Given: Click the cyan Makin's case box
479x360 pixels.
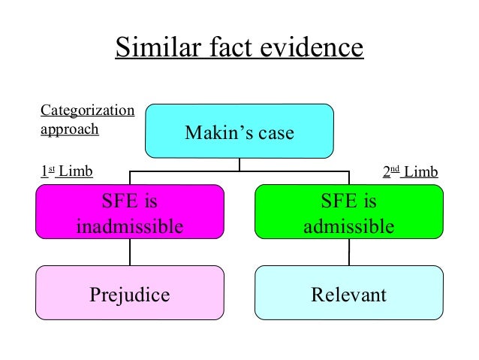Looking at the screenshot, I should [239, 131].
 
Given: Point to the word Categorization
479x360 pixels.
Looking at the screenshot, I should [87, 111].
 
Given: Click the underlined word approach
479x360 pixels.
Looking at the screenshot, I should [69, 129].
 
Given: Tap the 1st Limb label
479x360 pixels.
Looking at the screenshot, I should [66, 172].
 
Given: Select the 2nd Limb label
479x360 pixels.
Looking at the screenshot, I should [410, 172].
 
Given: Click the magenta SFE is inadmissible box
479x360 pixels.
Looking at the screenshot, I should [130, 212].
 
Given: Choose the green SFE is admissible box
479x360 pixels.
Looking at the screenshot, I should [348, 212].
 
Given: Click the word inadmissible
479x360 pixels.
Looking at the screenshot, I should [130, 225].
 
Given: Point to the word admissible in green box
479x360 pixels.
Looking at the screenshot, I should [348, 225].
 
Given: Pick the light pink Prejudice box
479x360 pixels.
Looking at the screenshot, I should [130, 292].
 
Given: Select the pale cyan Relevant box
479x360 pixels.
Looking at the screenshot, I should [348, 292].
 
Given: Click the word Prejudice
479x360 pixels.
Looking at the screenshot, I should [130, 294].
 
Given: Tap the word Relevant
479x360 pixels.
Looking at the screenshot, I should [348, 294].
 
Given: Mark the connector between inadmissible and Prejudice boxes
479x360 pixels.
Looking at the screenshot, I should [130, 252].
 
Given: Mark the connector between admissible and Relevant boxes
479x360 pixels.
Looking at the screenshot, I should [348, 252].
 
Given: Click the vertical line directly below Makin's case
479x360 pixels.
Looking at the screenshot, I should [239, 165].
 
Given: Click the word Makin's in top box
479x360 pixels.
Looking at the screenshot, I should [215, 133].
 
